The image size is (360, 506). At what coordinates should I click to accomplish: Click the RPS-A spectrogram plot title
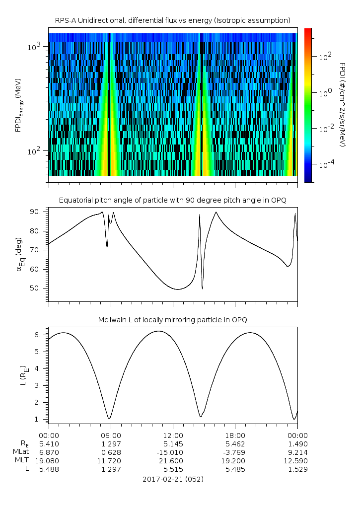tap(173, 21)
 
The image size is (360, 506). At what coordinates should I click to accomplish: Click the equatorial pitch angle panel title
tap(173, 201)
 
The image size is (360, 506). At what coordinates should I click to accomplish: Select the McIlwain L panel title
tap(173, 320)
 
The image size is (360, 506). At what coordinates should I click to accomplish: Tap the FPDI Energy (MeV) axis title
tap(19, 105)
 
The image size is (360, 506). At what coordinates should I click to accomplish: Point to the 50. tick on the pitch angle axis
tap(36, 288)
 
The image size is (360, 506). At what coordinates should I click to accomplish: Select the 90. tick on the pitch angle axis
tap(36, 212)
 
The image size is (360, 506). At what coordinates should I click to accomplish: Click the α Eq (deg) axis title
tap(20, 255)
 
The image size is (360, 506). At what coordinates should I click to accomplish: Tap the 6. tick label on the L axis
tap(38, 335)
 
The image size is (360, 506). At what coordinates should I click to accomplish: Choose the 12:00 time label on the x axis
tap(173, 435)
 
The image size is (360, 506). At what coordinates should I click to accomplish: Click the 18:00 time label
tap(235, 435)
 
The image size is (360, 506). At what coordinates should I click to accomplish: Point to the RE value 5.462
tap(235, 444)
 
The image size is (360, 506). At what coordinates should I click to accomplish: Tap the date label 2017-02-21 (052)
tap(173, 479)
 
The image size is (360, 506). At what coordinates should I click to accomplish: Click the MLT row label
tap(22, 460)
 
